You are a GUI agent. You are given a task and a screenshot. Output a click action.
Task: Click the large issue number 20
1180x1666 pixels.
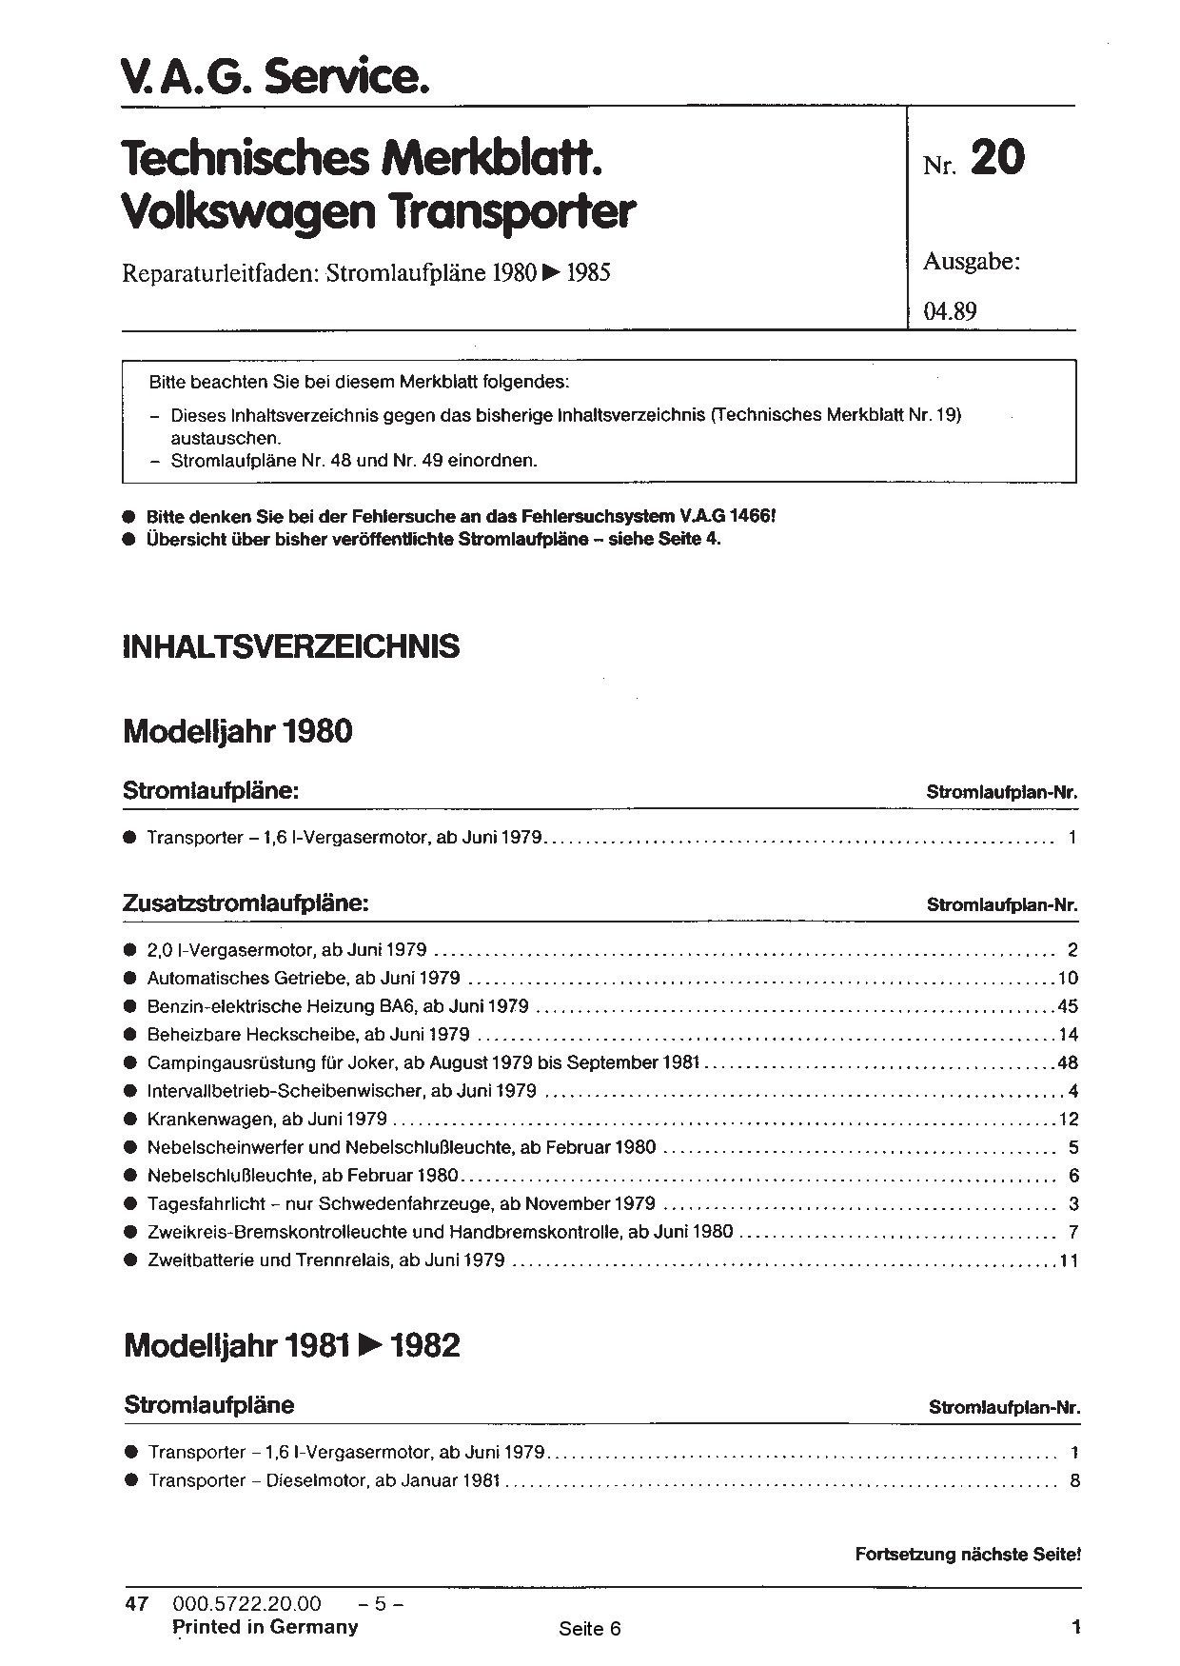[x=997, y=158]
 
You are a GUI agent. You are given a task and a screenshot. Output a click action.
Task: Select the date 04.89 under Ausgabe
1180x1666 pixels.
[x=950, y=311]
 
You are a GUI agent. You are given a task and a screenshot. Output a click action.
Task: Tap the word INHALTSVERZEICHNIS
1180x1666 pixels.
[x=291, y=646]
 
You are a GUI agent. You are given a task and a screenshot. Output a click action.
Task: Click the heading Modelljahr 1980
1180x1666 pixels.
[x=238, y=731]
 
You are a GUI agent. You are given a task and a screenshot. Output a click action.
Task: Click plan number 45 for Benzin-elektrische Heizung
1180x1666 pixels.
[x=1067, y=1006]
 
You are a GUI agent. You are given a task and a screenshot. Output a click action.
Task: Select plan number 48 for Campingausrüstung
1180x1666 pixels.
[x=1067, y=1062]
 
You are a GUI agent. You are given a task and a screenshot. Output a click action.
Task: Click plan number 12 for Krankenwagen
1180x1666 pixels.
[x=1067, y=1119]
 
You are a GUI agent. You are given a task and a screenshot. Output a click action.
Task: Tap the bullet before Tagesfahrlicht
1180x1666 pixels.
[x=129, y=1204]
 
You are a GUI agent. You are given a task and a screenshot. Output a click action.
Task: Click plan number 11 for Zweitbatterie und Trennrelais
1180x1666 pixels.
[x=1067, y=1260]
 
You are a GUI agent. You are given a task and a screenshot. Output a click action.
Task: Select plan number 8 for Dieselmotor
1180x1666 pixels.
[x=1073, y=1480]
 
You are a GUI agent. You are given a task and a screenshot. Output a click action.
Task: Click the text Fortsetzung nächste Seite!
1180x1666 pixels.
[x=968, y=1555]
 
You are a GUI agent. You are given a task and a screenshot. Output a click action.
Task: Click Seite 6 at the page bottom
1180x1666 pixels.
[x=590, y=1628]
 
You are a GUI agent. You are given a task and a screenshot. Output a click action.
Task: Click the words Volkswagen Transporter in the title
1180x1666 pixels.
[x=378, y=213]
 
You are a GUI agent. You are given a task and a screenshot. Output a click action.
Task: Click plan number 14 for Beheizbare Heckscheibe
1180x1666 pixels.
[x=1067, y=1035]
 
